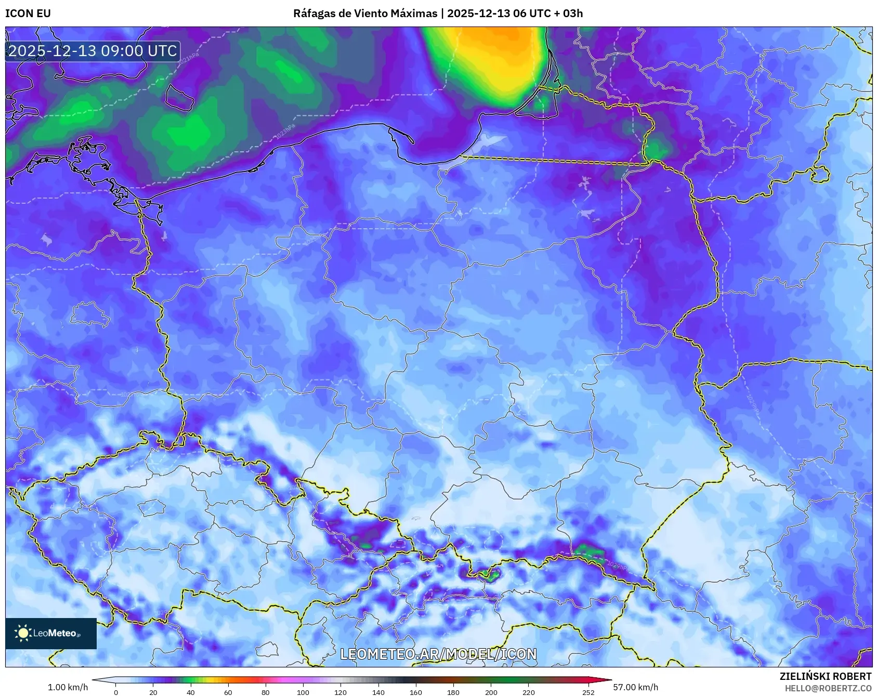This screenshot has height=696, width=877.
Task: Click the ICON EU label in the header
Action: (28, 13)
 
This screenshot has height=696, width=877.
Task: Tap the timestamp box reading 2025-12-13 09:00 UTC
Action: (93, 51)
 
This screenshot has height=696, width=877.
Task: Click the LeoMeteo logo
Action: (51, 633)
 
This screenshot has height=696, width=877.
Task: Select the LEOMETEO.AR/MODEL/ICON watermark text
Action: (438, 654)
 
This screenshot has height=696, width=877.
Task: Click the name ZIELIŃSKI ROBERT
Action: (826, 676)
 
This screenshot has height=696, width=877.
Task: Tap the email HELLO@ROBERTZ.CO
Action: (828, 688)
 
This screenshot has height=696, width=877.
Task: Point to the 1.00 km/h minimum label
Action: (68, 687)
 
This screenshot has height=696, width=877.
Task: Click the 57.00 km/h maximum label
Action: (635, 687)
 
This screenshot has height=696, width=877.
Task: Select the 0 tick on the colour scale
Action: (116, 692)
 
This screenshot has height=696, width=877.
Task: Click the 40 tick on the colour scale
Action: (191, 692)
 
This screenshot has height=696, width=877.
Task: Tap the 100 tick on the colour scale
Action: (303, 692)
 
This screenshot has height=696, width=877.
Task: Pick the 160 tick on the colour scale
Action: (416, 692)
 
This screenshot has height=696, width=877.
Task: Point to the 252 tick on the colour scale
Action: (588, 692)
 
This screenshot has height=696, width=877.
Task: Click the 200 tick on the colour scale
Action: (491, 692)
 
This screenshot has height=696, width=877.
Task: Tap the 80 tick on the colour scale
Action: (266, 692)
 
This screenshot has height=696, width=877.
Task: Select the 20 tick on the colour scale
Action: (153, 692)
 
